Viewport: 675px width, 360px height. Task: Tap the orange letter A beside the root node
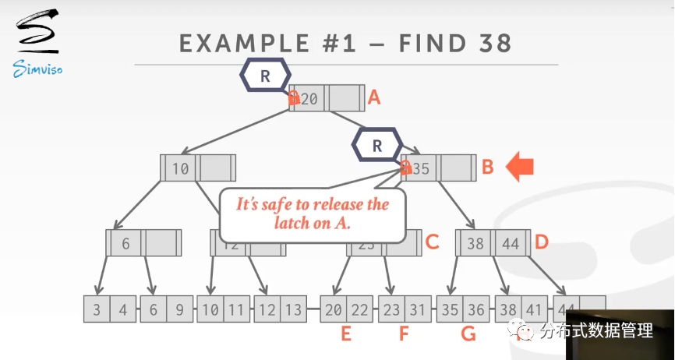pyautogui.click(x=374, y=97)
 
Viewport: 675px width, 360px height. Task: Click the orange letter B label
pyautogui.click(x=487, y=167)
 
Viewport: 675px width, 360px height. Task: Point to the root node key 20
pyautogui.click(x=309, y=99)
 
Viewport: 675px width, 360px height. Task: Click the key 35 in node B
pyautogui.click(x=421, y=168)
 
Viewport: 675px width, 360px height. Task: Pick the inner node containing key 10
pyautogui.click(x=198, y=168)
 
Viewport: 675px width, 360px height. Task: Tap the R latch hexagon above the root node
pyautogui.click(x=265, y=76)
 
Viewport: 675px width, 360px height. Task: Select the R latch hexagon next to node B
pyautogui.click(x=377, y=145)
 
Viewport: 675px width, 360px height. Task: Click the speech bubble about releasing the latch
pyautogui.click(x=313, y=214)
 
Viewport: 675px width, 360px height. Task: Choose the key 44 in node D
pyautogui.click(x=511, y=244)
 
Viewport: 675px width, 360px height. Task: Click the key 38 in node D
pyautogui.click(x=475, y=244)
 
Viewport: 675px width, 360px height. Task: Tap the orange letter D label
pyautogui.click(x=542, y=242)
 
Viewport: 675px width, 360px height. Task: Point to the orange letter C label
pyautogui.click(x=433, y=242)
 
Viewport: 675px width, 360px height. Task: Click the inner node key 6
pyautogui.click(x=126, y=244)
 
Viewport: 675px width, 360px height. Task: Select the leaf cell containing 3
pyautogui.click(x=97, y=309)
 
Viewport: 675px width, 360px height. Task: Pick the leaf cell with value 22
pyautogui.click(x=359, y=309)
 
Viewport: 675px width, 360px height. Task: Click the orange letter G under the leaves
pyautogui.click(x=468, y=334)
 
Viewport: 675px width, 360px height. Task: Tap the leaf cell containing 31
pyautogui.click(x=417, y=309)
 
